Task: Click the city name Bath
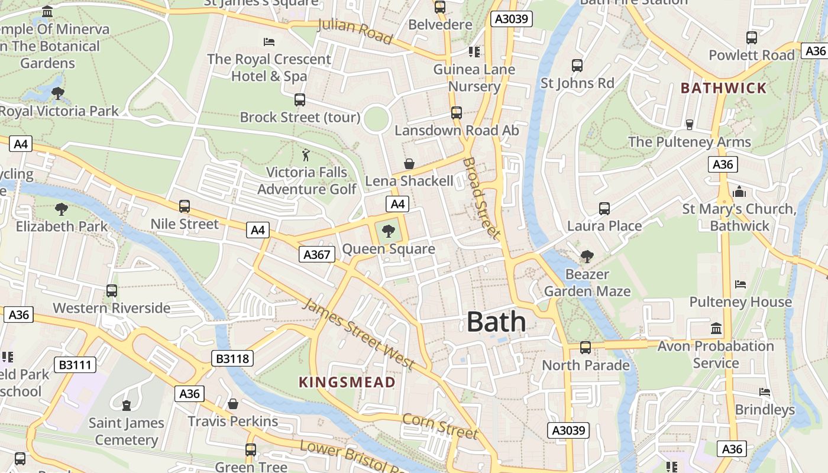pyautogui.click(x=496, y=322)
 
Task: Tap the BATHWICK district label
pyautogui.click(x=723, y=88)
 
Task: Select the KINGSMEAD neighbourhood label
pyautogui.click(x=347, y=382)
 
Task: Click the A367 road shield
pyautogui.click(x=316, y=254)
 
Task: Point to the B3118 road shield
pyautogui.click(x=232, y=358)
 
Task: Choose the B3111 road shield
pyautogui.click(x=76, y=365)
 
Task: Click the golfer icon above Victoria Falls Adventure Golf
pyautogui.click(x=306, y=155)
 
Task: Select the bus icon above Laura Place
pyautogui.click(x=604, y=209)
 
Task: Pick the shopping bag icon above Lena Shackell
pyautogui.click(x=409, y=164)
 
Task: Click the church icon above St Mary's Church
pyautogui.click(x=739, y=192)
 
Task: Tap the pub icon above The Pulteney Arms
pyautogui.click(x=689, y=125)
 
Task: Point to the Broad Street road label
pyautogui.click(x=481, y=197)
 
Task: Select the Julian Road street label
pyautogui.click(x=355, y=32)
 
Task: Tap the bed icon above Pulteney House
pyautogui.click(x=740, y=284)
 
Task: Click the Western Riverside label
pyautogui.click(x=112, y=308)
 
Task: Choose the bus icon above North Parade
pyautogui.click(x=585, y=348)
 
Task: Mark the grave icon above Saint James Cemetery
pyautogui.click(x=126, y=406)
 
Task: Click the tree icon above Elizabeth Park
pyautogui.click(x=61, y=209)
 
